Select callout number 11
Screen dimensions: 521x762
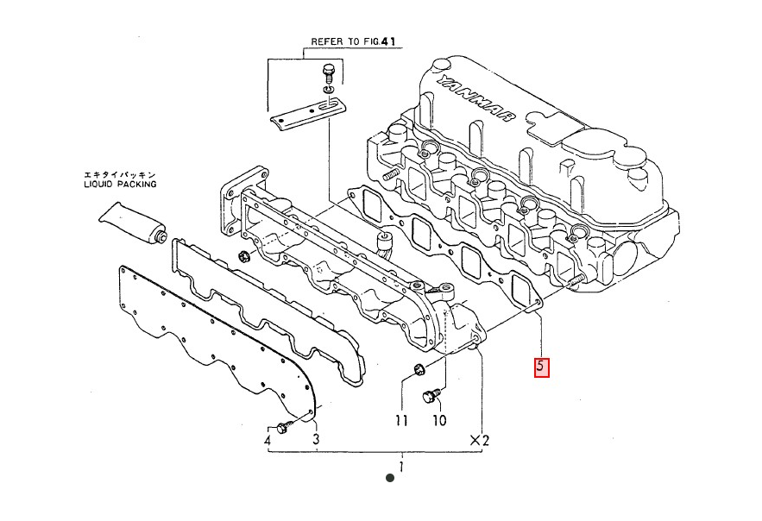(x=401, y=421)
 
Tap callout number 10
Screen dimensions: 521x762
(x=439, y=421)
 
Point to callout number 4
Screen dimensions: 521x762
(x=268, y=441)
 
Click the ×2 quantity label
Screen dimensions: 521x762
(x=479, y=441)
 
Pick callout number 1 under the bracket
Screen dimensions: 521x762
(x=400, y=467)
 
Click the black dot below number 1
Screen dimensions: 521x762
(x=389, y=477)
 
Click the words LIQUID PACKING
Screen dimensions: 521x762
(x=120, y=184)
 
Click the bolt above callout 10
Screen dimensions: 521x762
(x=431, y=397)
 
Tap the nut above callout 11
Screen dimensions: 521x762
(x=417, y=371)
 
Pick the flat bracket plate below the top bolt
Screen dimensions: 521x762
(x=306, y=112)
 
